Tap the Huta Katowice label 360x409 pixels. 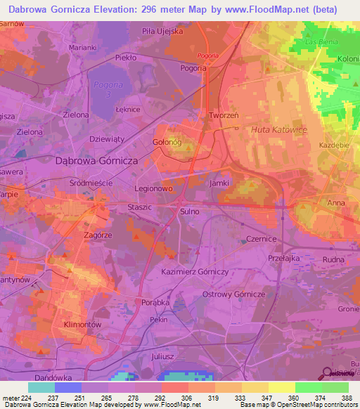pos(278,129)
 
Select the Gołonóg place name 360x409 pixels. pos(168,142)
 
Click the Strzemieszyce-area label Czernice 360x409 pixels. pos(262,239)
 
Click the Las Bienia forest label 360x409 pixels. pos(319,42)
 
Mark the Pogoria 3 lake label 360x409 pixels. pos(103,89)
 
